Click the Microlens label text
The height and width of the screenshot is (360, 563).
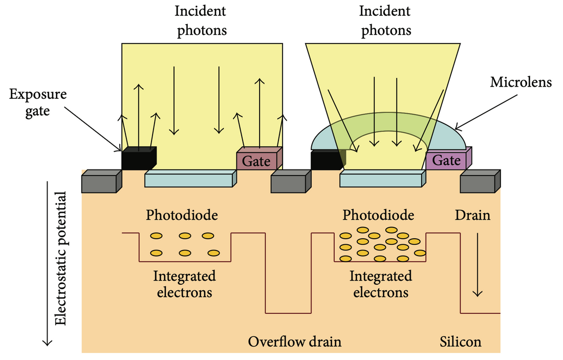pyautogui.click(x=521, y=81)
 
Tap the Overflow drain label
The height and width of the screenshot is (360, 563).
pyautogui.click(x=294, y=342)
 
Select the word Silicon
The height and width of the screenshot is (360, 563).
pyautogui.click(x=461, y=342)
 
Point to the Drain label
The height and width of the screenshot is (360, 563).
pyautogui.click(x=472, y=215)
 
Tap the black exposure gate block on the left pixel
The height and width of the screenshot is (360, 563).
pyautogui.click(x=138, y=159)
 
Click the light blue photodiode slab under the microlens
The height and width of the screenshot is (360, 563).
pyautogui.click(x=382, y=180)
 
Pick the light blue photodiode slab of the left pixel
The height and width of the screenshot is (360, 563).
pyautogui.click(x=190, y=180)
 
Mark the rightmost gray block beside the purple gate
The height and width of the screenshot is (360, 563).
pyautogui.click(x=479, y=182)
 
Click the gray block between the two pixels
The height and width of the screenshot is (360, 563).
pyautogui.click(x=290, y=182)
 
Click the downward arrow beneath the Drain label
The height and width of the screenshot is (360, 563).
pyautogui.click(x=478, y=266)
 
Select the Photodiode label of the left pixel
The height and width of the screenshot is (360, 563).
pyautogui.click(x=182, y=215)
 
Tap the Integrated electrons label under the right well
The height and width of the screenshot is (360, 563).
pyautogui.click(x=381, y=284)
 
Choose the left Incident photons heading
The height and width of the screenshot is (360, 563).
pyautogui.click(x=202, y=20)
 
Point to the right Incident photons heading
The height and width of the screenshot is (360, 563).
pyautogui.click(x=386, y=20)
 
